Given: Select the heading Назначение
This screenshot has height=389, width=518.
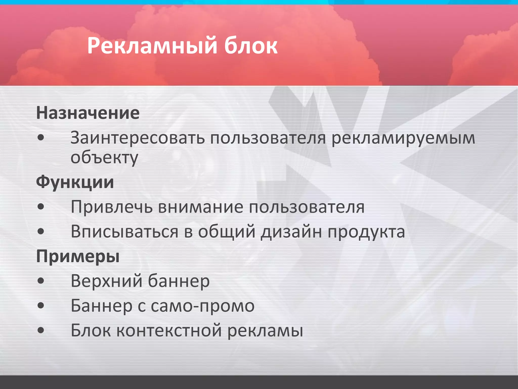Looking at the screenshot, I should (88, 113).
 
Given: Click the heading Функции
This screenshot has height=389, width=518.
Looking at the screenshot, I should (75, 182).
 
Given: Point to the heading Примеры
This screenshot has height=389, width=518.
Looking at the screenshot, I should (78, 256).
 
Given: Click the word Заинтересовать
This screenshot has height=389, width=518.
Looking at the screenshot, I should (138, 138).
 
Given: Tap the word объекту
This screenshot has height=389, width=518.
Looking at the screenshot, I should (104, 158).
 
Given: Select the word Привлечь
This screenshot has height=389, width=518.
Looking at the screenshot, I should (112, 207).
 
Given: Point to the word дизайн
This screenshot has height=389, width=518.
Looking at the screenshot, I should (291, 231).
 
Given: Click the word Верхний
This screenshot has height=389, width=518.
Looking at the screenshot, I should (106, 281).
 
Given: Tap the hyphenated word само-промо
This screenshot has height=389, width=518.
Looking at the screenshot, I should (203, 306).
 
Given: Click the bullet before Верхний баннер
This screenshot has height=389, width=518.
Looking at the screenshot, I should (41, 281).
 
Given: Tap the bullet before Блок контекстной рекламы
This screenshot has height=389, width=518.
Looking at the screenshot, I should (41, 330).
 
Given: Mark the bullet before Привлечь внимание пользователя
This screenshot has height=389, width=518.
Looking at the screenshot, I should (41, 207).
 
